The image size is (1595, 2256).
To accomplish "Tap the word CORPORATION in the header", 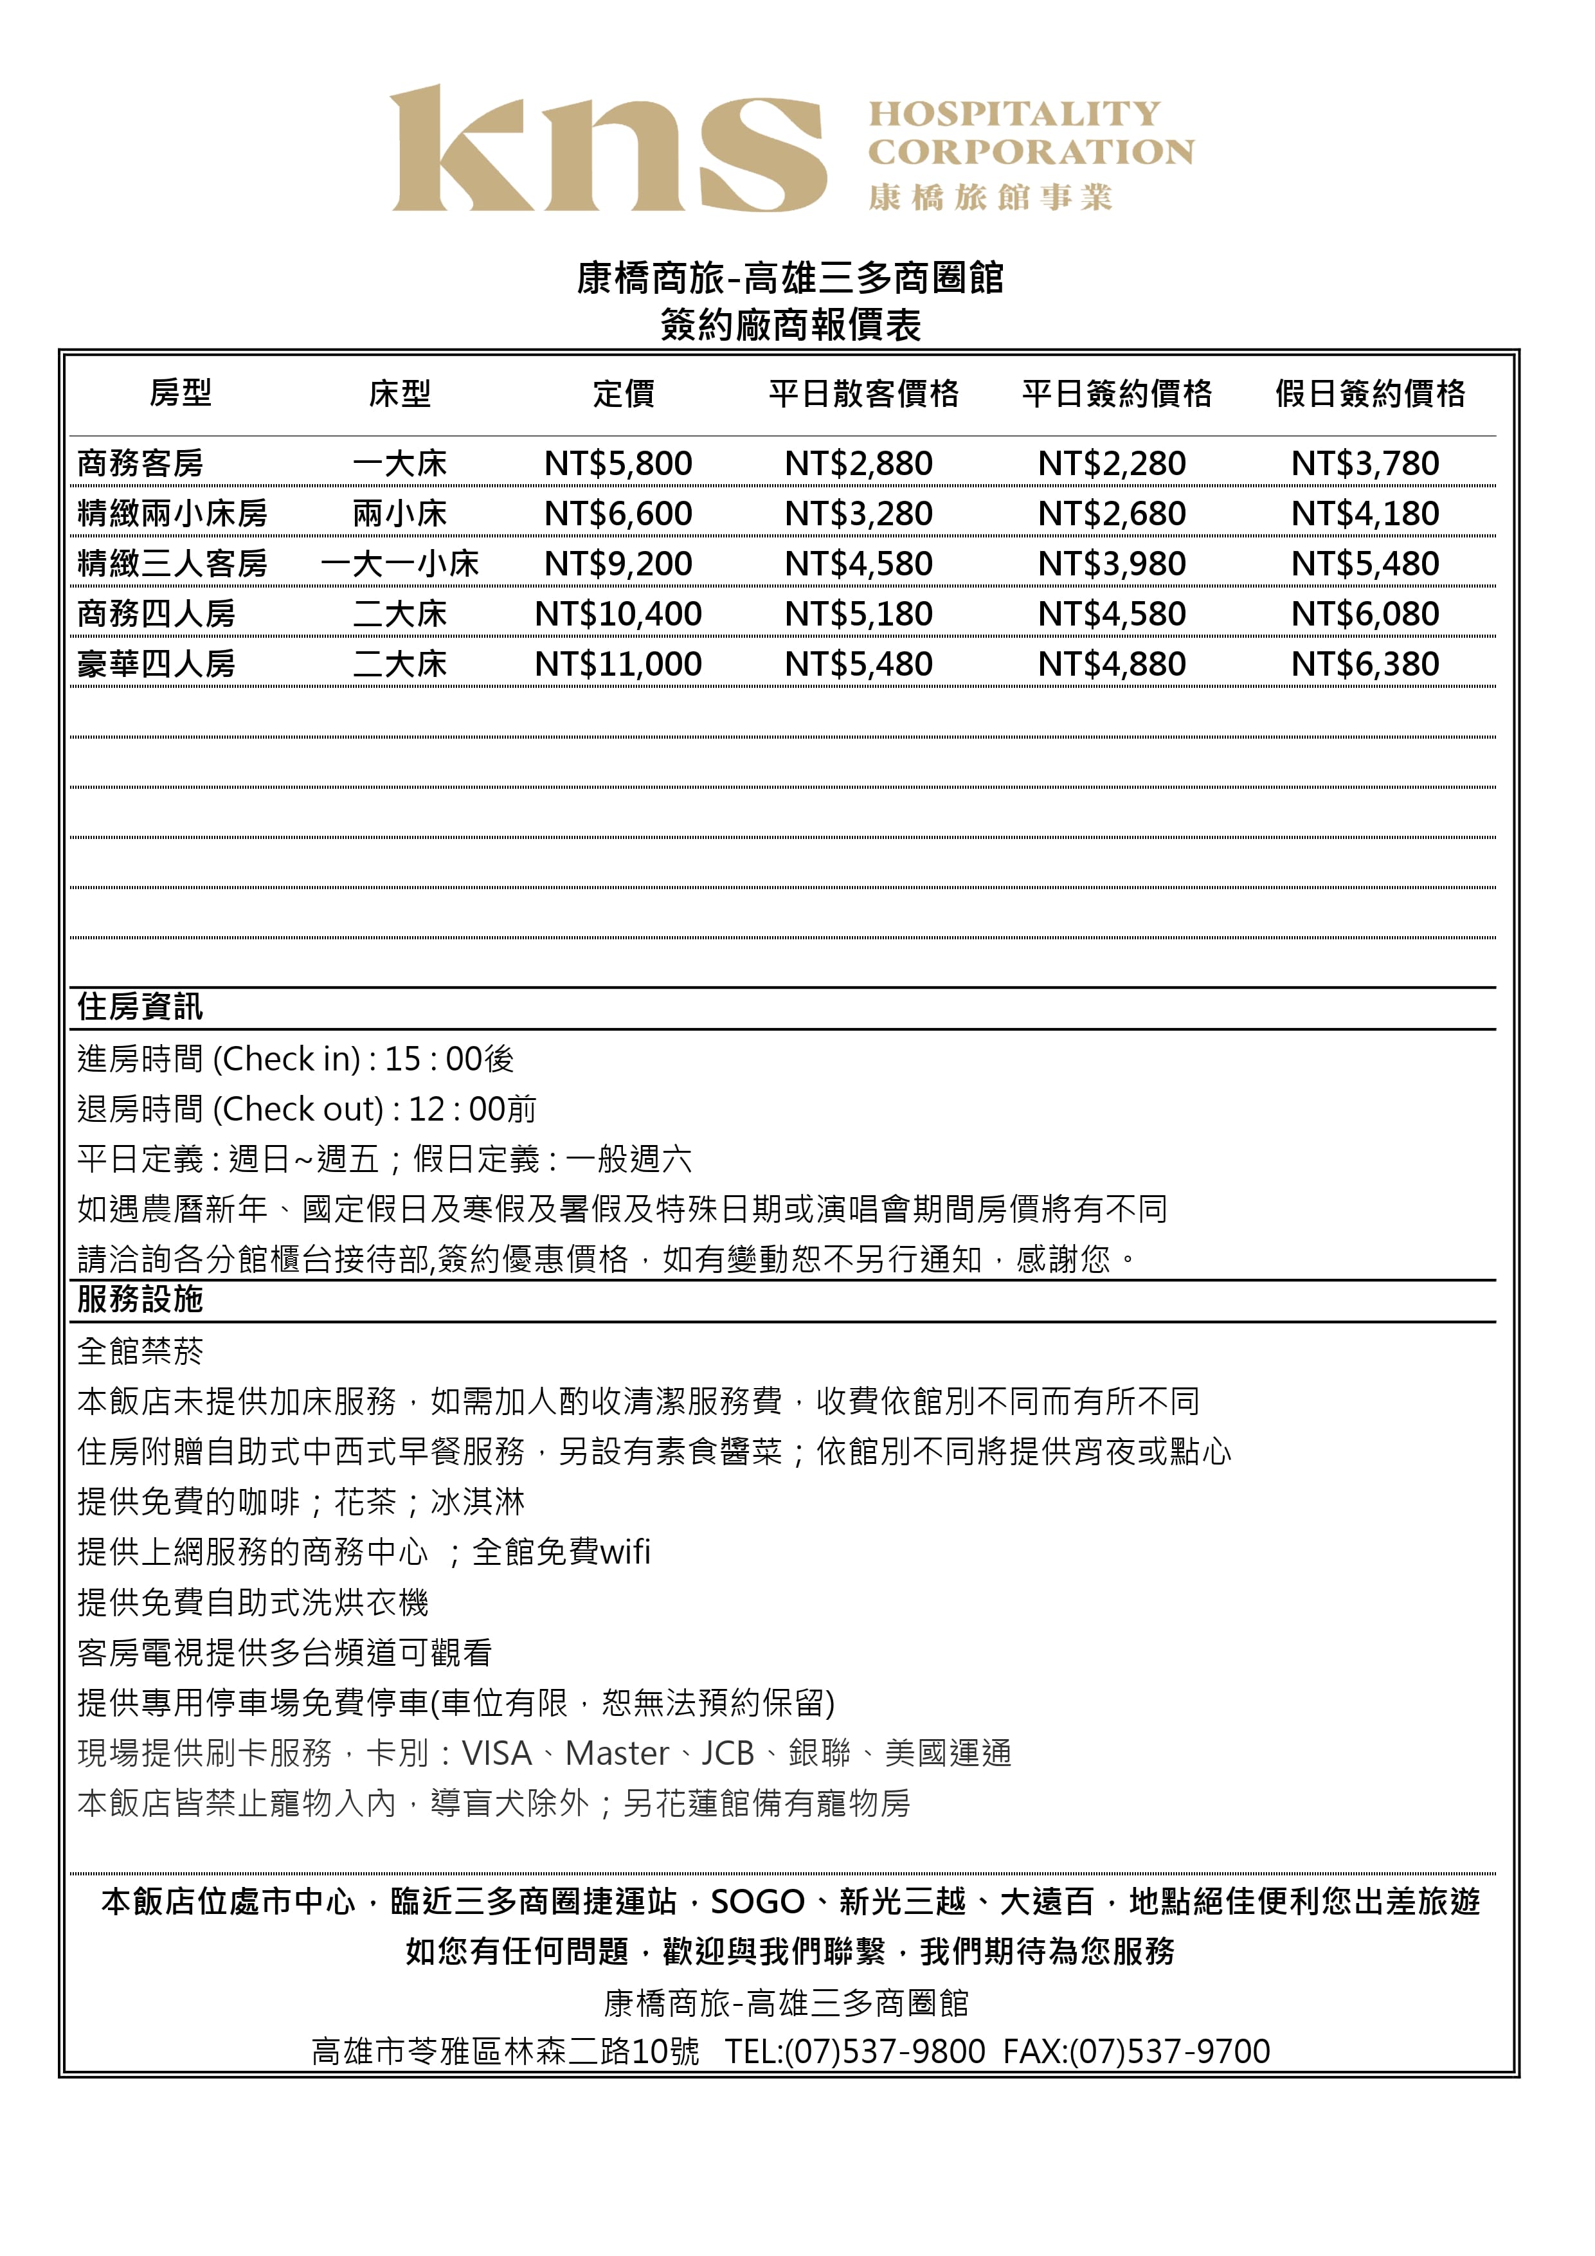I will pyautogui.click(x=1030, y=152).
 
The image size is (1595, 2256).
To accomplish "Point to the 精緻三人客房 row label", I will pyautogui.click(x=172, y=564).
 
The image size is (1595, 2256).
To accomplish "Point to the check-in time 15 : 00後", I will pyautogui.click(x=449, y=1060).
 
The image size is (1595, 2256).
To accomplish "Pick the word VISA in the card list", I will pyautogui.click(x=496, y=1754).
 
